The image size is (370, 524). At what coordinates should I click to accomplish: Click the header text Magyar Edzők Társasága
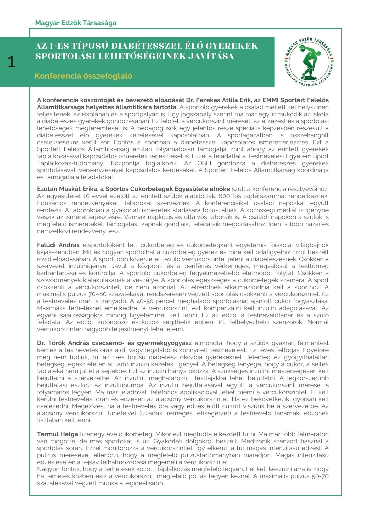(76, 23)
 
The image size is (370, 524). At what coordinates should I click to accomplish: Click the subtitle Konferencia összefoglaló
(83, 76)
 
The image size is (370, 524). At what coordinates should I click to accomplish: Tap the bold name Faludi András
(58, 245)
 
